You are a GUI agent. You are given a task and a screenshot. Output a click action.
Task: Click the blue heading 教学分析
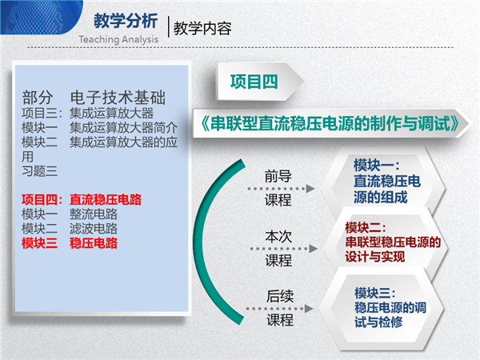point(126,21)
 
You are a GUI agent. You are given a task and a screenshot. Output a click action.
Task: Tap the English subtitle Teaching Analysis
point(118,39)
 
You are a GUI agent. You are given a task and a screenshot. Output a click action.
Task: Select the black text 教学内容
point(202,29)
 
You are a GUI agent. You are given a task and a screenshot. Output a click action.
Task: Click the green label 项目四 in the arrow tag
point(254,82)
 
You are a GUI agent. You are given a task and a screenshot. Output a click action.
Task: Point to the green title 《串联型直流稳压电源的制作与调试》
point(330,123)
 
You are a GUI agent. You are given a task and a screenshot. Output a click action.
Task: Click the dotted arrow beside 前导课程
point(281,189)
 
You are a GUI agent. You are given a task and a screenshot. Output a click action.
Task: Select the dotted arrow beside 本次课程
point(283,249)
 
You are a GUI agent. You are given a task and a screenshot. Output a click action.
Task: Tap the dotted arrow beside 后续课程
point(279,309)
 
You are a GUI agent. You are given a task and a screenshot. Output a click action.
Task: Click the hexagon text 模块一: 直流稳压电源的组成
point(387,181)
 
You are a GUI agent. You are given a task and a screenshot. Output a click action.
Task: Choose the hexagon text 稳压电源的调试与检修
point(390,314)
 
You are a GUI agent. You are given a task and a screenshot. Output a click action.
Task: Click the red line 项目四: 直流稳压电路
point(82,199)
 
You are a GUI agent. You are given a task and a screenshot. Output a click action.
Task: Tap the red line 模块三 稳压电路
point(70,243)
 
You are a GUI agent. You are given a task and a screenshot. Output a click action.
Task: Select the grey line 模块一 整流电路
point(70,214)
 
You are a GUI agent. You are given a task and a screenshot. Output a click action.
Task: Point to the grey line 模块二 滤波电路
point(70,229)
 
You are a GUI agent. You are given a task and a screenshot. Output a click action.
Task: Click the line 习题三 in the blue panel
point(39,171)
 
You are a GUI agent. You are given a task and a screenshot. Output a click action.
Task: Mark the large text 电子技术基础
point(118,98)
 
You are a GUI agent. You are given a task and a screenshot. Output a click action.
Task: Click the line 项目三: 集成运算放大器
point(87,114)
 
